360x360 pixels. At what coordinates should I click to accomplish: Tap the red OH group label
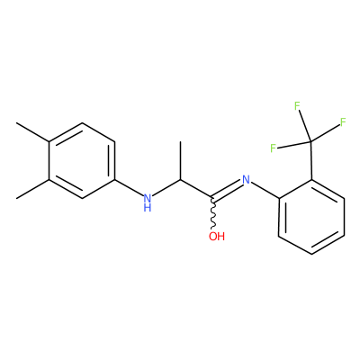(x=217, y=236)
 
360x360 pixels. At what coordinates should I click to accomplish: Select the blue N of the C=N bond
(x=246, y=179)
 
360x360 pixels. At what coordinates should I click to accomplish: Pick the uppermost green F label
(x=297, y=106)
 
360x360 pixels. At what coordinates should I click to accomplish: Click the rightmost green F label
(x=344, y=122)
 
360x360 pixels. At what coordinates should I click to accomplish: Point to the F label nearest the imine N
(x=273, y=148)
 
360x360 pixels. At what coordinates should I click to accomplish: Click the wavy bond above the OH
(x=213, y=214)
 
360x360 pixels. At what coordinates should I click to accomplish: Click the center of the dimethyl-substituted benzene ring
(x=82, y=160)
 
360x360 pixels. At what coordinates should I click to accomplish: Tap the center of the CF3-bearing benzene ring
(x=311, y=217)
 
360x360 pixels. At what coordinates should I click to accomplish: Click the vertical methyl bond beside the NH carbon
(x=181, y=160)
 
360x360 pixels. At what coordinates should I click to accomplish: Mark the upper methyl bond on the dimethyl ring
(x=32, y=132)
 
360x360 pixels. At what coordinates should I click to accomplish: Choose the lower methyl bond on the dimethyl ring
(x=32, y=189)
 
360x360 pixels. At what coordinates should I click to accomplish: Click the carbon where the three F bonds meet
(x=310, y=141)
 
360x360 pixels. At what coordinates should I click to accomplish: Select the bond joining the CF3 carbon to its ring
(x=311, y=160)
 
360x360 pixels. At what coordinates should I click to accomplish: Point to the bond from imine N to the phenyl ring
(x=265, y=191)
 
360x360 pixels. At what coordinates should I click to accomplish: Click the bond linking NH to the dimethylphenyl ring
(x=129, y=188)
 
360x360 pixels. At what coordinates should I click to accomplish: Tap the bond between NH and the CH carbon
(x=166, y=188)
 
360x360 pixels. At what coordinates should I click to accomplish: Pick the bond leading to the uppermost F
(x=305, y=126)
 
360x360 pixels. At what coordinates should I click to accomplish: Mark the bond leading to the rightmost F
(x=325, y=132)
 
